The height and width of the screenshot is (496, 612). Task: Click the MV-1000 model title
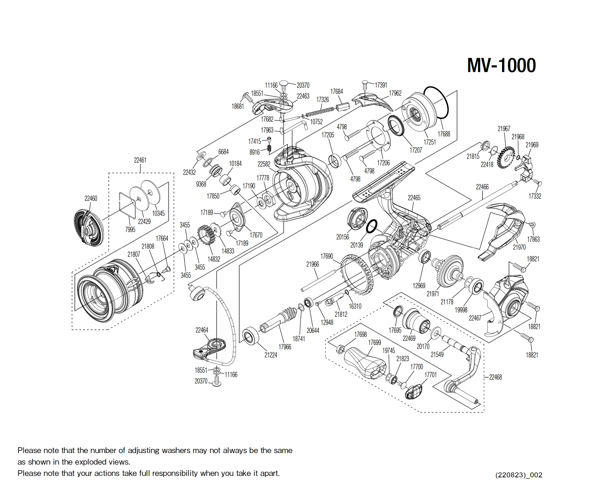coord(501,66)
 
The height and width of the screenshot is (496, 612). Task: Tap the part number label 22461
coord(140,160)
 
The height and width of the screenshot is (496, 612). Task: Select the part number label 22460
coord(91,199)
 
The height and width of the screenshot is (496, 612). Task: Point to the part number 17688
coord(444,134)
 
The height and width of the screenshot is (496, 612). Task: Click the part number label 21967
coord(504,129)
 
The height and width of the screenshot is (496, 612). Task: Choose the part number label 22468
coord(495,377)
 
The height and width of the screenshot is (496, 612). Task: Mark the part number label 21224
coord(271,355)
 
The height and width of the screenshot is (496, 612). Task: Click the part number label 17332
coord(535,196)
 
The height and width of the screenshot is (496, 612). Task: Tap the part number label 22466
coord(482,187)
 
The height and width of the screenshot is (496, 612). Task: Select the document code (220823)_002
coord(519,475)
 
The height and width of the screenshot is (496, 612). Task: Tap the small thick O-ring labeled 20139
coord(371,226)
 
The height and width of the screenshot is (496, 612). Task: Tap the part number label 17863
coord(533,239)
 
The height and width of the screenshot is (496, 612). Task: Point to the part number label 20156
coord(342,237)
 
